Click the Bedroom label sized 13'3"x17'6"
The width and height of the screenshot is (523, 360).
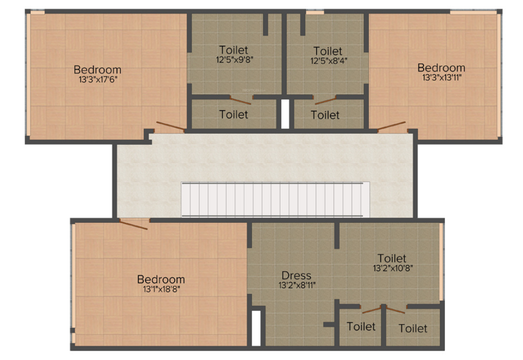tap(97, 69)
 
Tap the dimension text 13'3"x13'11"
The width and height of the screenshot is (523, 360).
tap(441, 77)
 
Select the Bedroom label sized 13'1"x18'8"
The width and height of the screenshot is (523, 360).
tap(161, 279)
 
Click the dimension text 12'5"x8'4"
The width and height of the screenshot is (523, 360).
tap(328, 60)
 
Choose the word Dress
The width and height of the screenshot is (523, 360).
tap(296, 275)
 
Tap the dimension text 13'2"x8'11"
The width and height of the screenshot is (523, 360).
tap(297, 285)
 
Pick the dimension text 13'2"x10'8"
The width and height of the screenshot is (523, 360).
tap(392, 268)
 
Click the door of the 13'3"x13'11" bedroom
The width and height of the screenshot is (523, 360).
tap(391, 126)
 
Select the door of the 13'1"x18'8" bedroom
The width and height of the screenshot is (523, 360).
tap(133, 224)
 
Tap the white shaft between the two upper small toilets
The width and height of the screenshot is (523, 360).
tap(285, 114)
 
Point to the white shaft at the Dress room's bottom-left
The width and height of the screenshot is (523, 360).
tap(256, 328)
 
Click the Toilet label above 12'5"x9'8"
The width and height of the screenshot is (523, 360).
tap(233, 50)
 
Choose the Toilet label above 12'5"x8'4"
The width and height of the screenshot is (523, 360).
tap(328, 51)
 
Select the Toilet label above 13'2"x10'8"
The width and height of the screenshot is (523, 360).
tap(392, 258)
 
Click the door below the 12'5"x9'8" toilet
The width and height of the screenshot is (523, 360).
tap(240, 99)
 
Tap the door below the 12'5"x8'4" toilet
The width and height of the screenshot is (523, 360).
tap(325, 100)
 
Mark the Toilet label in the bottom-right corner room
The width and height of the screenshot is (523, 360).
tap(413, 328)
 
